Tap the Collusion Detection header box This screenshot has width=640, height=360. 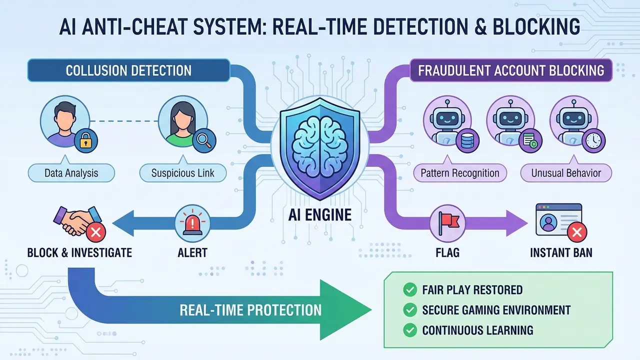(x=128, y=70)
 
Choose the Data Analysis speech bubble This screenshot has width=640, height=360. (x=71, y=173)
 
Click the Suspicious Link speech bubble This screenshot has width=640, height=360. (x=183, y=173)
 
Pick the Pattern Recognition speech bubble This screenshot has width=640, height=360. (x=460, y=173)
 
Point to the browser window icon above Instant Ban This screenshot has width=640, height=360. (x=558, y=219)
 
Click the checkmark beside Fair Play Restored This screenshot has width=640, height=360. (x=410, y=289)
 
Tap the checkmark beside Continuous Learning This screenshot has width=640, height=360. (x=410, y=330)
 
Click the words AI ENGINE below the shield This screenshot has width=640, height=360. (x=320, y=215)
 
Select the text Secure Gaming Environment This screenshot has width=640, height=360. (x=496, y=310)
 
